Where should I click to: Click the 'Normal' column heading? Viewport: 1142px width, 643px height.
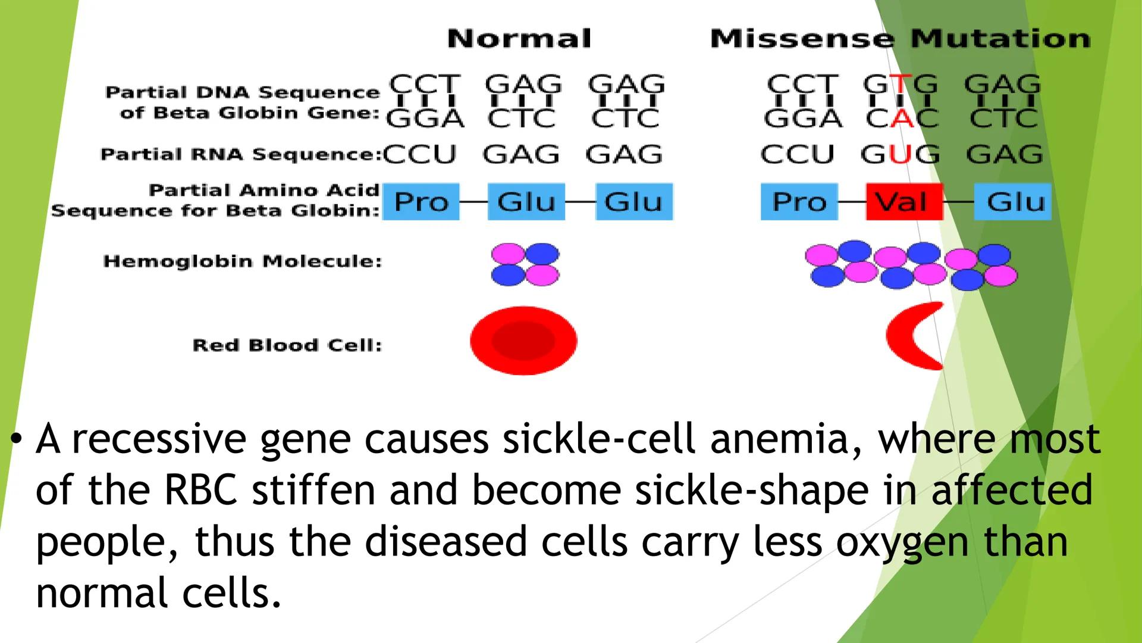(x=519, y=39)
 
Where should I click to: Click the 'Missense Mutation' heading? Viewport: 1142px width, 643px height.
(x=901, y=39)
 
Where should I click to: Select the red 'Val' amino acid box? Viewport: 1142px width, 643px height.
(x=904, y=202)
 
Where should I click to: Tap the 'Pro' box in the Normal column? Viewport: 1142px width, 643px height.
(x=421, y=202)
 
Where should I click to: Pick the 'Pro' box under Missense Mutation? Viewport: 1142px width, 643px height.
(x=799, y=202)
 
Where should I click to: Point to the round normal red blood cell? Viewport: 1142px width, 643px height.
(x=523, y=341)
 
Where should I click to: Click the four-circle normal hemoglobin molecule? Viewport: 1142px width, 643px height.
(x=525, y=264)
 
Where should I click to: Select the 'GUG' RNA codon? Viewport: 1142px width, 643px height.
(x=901, y=155)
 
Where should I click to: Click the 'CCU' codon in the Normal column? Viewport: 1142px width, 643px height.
(x=420, y=155)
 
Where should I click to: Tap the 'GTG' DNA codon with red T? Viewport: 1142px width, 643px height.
(x=901, y=85)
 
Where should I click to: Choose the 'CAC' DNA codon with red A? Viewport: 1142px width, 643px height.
(x=902, y=119)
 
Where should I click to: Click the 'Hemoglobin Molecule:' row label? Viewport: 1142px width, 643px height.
(x=243, y=261)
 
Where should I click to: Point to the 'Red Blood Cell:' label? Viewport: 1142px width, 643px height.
(x=287, y=345)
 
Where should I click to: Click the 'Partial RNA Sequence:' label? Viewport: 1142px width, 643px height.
(x=241, y=155)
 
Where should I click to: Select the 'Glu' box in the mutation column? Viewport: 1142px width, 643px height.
(x=1012, y=202)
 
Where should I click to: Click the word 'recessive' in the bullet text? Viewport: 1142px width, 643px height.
(x=159, y=439)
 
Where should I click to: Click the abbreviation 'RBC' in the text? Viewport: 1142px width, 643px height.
(x=200, y=491)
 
